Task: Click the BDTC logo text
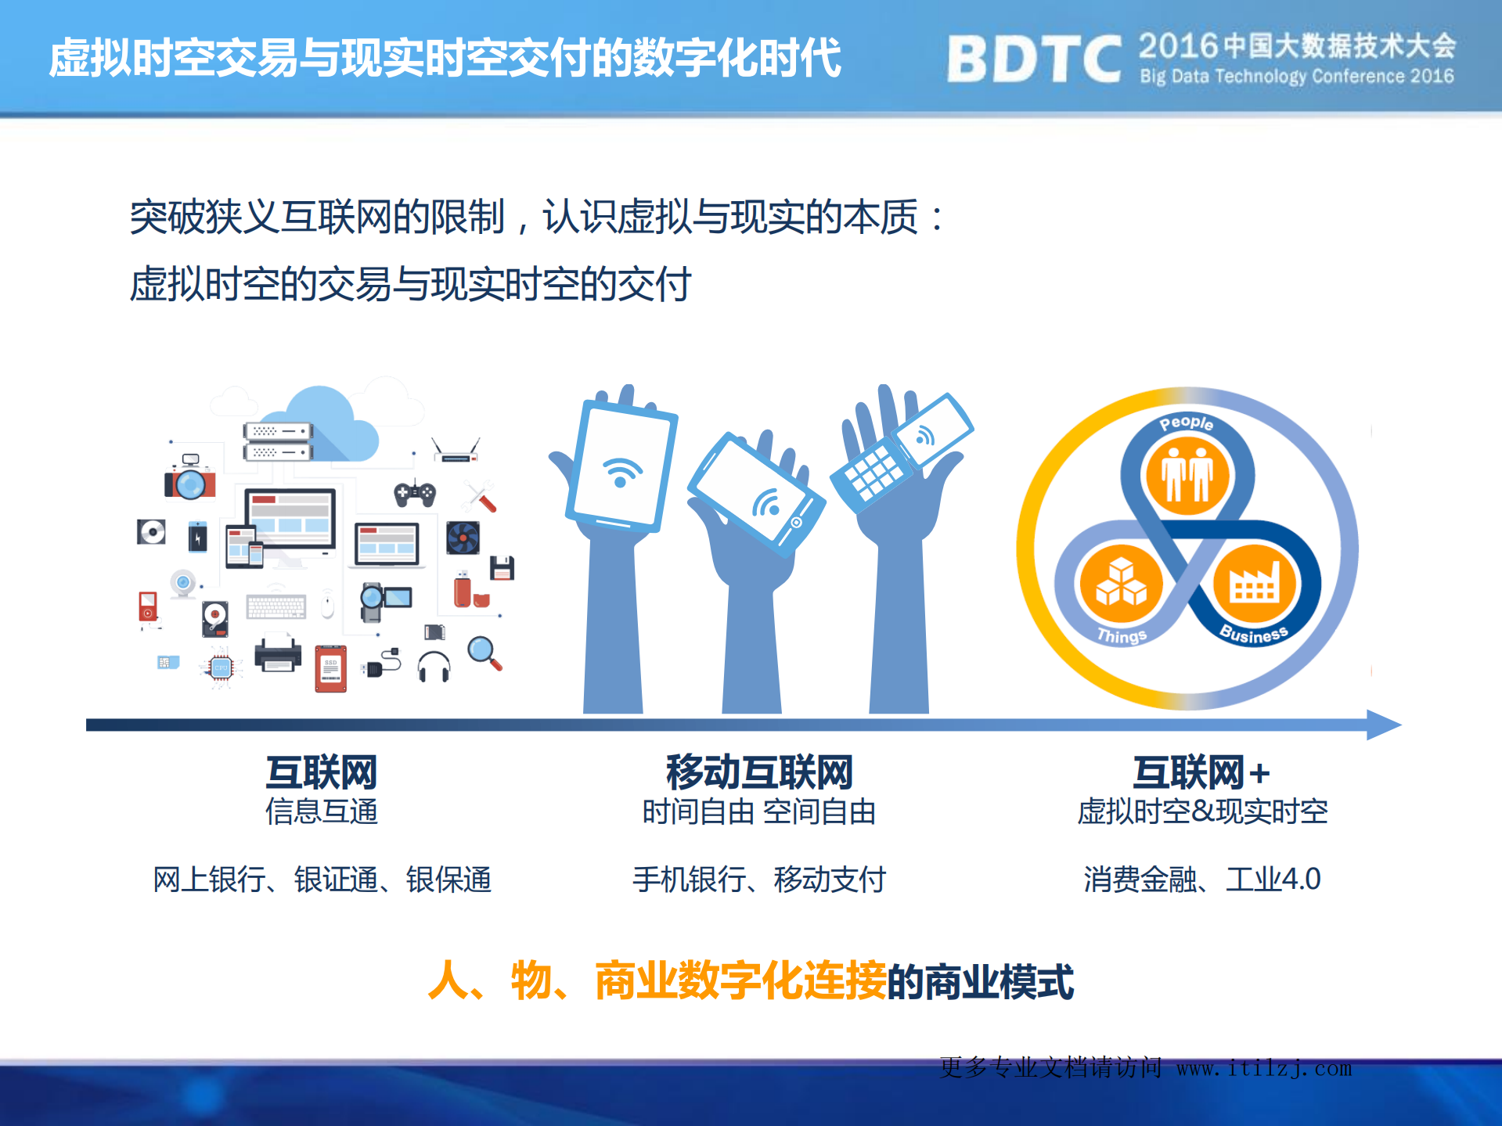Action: click(x=1033, y=59)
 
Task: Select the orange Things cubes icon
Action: click(x=1121, y=584)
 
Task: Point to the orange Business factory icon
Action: click(x=1255, y=584)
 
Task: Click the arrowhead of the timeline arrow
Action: click(x=1384, y=725)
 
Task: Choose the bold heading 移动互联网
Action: click(x=758, y=772)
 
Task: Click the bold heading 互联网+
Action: click(x=1201, y=772)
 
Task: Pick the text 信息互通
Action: click(x=321, y=811)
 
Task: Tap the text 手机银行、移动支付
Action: click(x=758, y=880)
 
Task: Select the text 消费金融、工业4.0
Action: click(x=1201, y=880)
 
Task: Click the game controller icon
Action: click(x=415, y=493)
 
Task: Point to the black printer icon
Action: click(x=278, y=654)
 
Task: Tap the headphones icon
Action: click(x=434, y=667)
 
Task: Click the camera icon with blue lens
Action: click(x=189, y=481)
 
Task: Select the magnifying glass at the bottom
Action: click(x=484, y=653)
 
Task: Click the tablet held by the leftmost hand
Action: click(x=621, y=468)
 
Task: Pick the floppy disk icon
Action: click(x=502, y=568)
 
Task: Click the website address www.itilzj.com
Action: click(x=1264, y=1068)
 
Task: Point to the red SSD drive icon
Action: click(x=330, y=669)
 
